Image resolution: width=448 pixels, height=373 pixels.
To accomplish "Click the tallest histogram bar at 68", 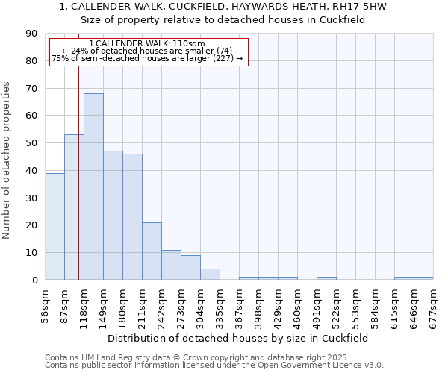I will tap(93, 186).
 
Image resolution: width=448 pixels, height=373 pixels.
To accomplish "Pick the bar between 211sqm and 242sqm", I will tap(152, 251).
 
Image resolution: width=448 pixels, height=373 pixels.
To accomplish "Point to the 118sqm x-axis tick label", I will tap(84, 304).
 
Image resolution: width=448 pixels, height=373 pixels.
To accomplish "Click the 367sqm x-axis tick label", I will tap(239, 304).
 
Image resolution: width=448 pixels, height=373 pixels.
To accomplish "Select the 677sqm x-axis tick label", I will tap(433, 304).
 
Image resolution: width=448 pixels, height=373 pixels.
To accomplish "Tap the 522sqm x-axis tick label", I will tap(336, 304).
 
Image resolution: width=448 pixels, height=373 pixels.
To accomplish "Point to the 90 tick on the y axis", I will tap(31, 34).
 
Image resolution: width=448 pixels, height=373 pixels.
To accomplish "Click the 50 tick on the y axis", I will tap(31, 143).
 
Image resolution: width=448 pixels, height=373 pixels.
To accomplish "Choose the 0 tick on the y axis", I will tap(34, 280).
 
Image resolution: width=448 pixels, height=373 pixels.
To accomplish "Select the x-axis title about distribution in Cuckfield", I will tap(238, 338).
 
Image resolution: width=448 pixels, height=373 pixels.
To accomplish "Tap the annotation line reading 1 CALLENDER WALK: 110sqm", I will tap(146, 44).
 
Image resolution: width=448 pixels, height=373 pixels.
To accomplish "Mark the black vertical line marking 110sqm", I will tap(78, 186).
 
